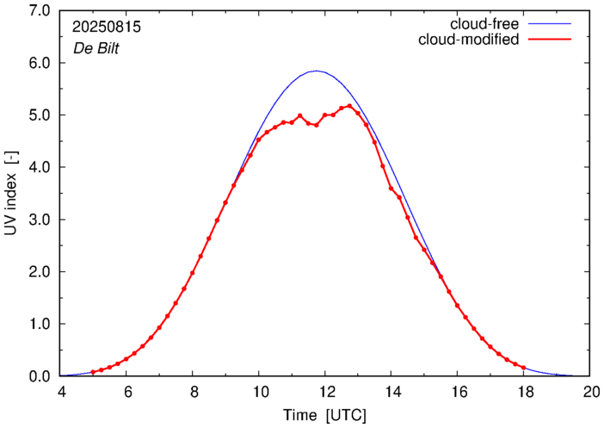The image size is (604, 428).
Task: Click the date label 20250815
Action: point(108,28)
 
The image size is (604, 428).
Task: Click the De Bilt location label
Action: point(96,49)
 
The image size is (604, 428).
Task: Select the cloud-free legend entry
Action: point(484,23)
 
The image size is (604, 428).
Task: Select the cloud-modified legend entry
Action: point(469,40)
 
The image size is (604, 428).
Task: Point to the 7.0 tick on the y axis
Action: point(38,11)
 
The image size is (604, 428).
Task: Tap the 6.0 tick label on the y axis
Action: point(38,64)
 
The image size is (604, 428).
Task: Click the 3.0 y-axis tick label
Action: point(38,220)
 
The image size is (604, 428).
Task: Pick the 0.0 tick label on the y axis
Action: point(38,376)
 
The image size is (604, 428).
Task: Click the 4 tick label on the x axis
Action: point(61,392)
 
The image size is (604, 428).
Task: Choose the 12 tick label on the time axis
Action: point(325,392)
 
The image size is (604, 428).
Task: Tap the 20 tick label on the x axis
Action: point(589,392)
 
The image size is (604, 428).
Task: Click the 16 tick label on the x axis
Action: point(458,392)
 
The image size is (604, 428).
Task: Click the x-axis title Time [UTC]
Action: point(325,415)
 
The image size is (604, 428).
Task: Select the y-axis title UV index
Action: point(12,194)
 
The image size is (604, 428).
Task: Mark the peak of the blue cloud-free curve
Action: point(316,71)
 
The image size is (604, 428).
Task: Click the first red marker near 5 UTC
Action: point(93,372)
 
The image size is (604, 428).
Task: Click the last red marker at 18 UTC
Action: point(523,368)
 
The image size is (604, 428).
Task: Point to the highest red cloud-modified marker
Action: point(349,106)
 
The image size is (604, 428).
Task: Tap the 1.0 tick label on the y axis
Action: point(38,324)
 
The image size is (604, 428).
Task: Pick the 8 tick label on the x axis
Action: point(193,392)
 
